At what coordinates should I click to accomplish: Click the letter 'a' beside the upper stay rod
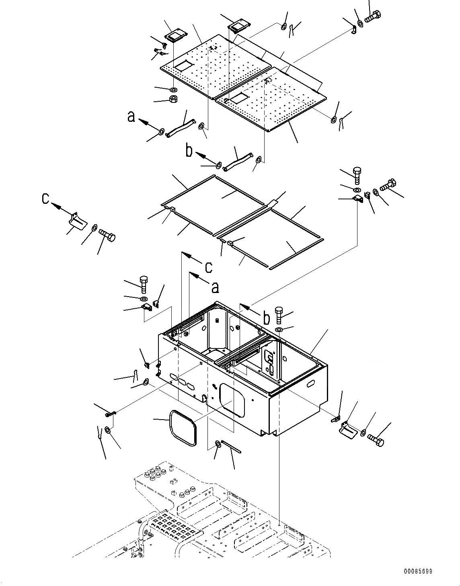[131, 117]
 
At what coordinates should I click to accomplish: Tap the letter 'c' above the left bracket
[46, 198]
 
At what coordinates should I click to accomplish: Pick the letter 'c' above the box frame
[208, 266]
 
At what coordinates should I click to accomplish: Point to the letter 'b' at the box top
[266, 318]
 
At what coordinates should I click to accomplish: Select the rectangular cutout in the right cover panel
[239, 97]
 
